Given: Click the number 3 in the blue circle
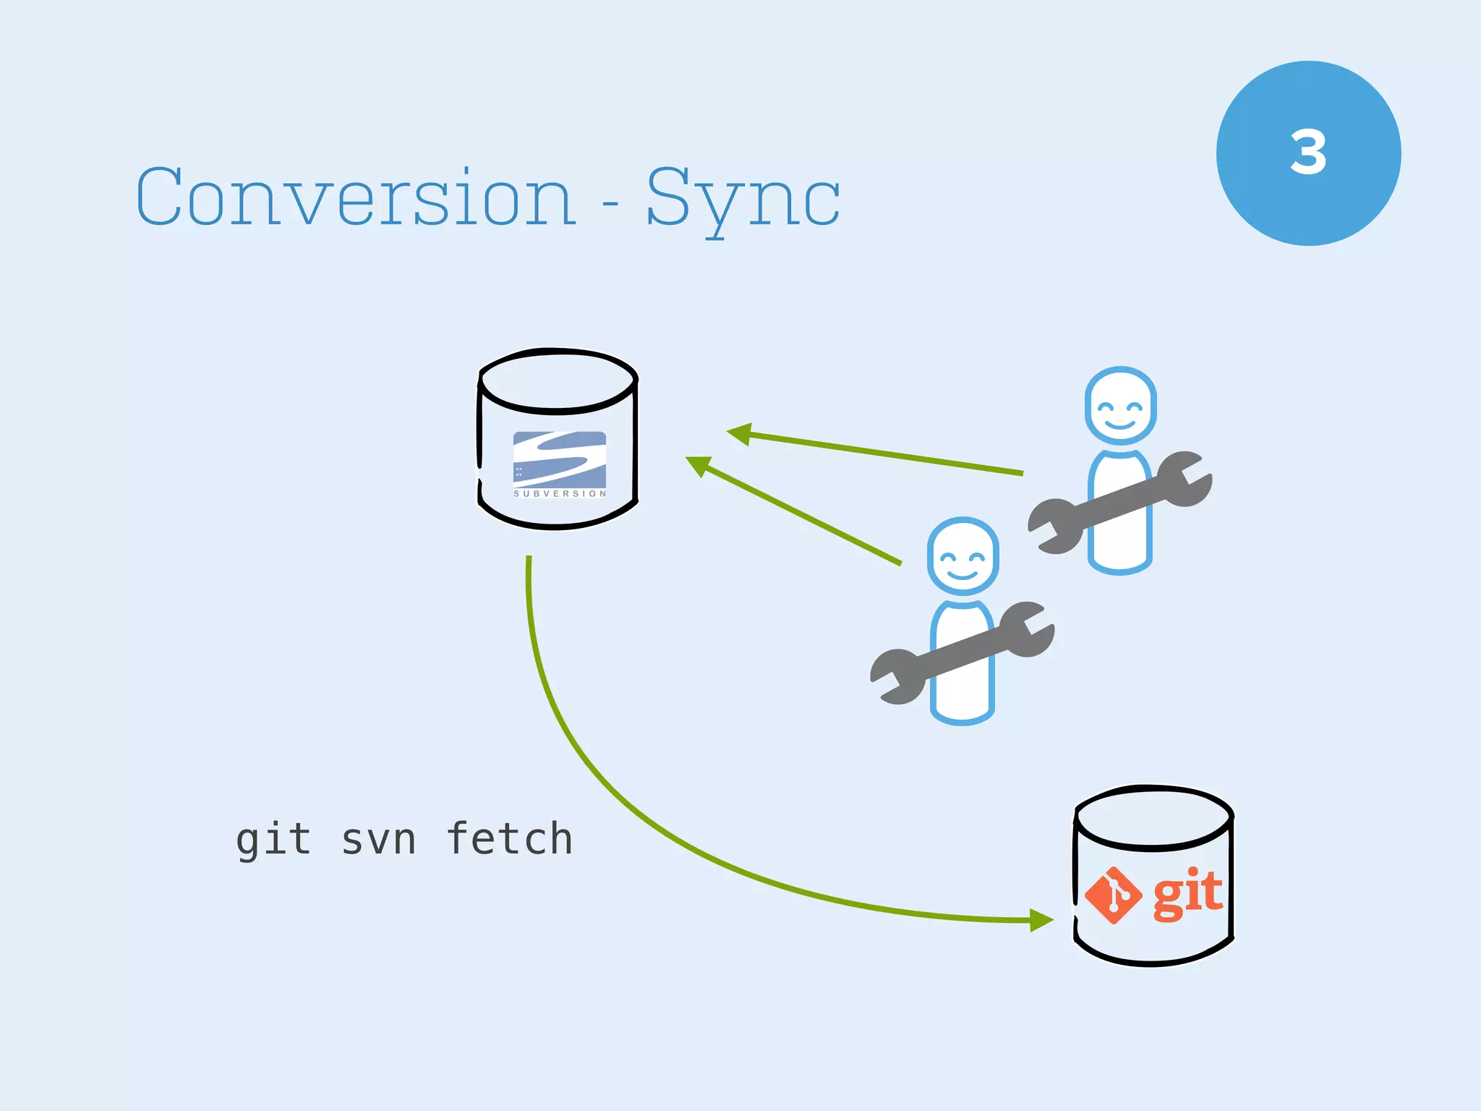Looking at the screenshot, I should click(1308, 153).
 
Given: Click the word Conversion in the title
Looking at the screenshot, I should click(356, 197).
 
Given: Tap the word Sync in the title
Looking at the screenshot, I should click(743, 197).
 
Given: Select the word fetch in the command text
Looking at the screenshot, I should click(510, 839).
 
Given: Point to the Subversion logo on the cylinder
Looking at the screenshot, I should click(559, 463).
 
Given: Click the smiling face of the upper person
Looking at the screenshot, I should click(1120, 406).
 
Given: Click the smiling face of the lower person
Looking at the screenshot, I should click(963, 557).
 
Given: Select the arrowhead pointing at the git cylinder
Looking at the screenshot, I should click(1041, 920).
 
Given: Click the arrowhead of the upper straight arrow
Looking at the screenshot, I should click(740, 433).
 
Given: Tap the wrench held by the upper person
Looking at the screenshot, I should click(1119, 503).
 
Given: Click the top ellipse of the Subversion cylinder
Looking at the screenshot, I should click(558, 380).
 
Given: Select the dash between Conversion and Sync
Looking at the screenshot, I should click(611, 205).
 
